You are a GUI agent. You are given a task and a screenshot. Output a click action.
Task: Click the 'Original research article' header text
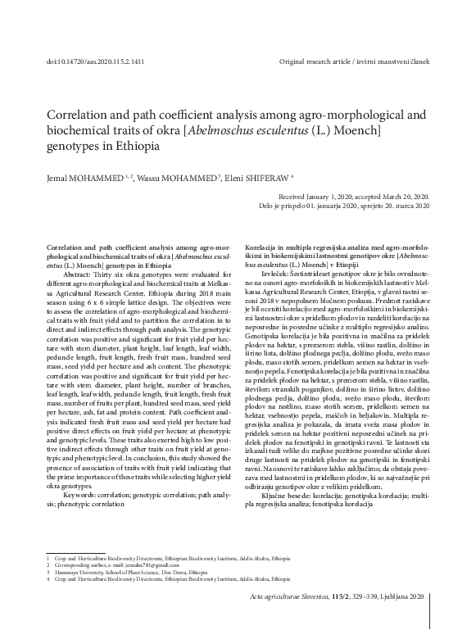[x=326, y=62]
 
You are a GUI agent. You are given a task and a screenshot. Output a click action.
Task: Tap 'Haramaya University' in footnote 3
[x=78, y=571]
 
